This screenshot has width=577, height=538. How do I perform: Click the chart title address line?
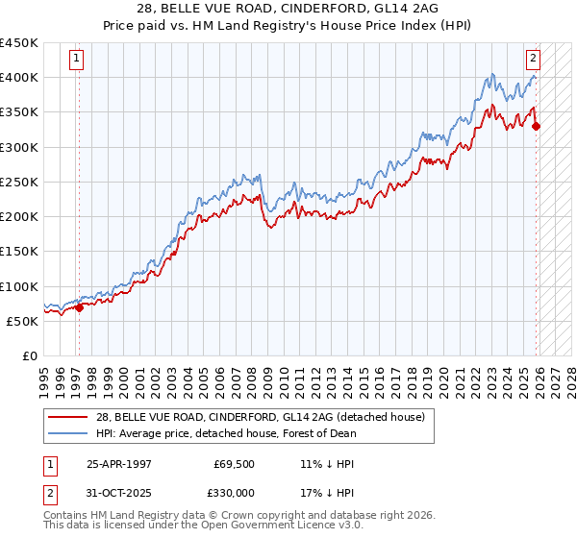click(x=288, y=9)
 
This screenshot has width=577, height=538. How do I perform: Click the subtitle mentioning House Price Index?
click(x=288, y=26)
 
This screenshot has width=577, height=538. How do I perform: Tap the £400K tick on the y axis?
click(x=19, y=78)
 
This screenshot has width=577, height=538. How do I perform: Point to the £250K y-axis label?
click(x=19, y=182)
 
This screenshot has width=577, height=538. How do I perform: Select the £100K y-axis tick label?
click(x=19, y=286)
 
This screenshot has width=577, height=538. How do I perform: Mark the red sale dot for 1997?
click(x=80, y=307)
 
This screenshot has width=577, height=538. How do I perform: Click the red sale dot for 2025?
click(x=536, y=125)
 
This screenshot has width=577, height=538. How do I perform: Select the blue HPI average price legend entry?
click(x=226, y=433)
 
